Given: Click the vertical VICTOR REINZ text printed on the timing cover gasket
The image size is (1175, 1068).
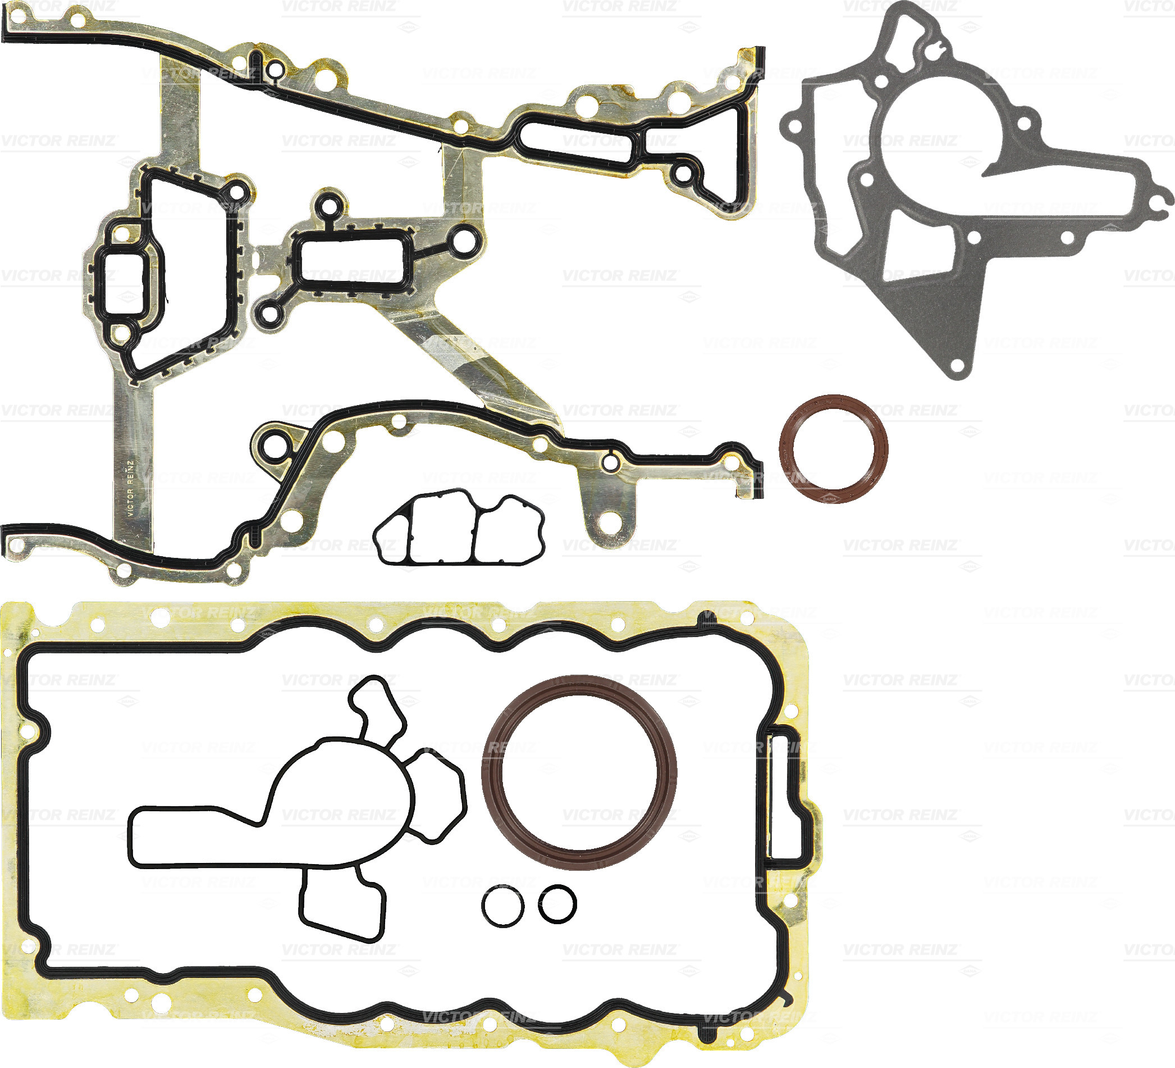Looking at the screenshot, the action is [x=131, y=489].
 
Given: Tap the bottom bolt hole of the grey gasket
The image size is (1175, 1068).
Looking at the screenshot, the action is [x=957, y=366].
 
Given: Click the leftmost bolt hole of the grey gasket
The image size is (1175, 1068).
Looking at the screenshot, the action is [x=792, y=125].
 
